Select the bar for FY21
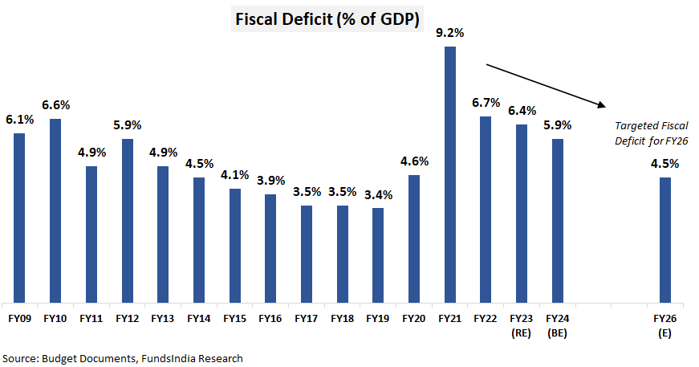click(x=450, y=173)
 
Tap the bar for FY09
click(x=19, y=217)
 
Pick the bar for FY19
click(x=378, y=254)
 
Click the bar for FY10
click(x=55, y=209)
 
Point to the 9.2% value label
click(x=450, y=33)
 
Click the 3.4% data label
click(x=378, y=194)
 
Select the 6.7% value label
click(x=486, y=103)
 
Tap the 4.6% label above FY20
click(x=414, y=161)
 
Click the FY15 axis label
click(x=234, y=318)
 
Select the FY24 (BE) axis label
click(x=558, y=324)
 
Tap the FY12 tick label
click(x=127, y=318)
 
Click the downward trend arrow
click(x=545, y=84)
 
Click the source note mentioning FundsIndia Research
click(x=122, y=357)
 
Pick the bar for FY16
click(x=270, y=247)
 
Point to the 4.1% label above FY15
click(x=234, y=175)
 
